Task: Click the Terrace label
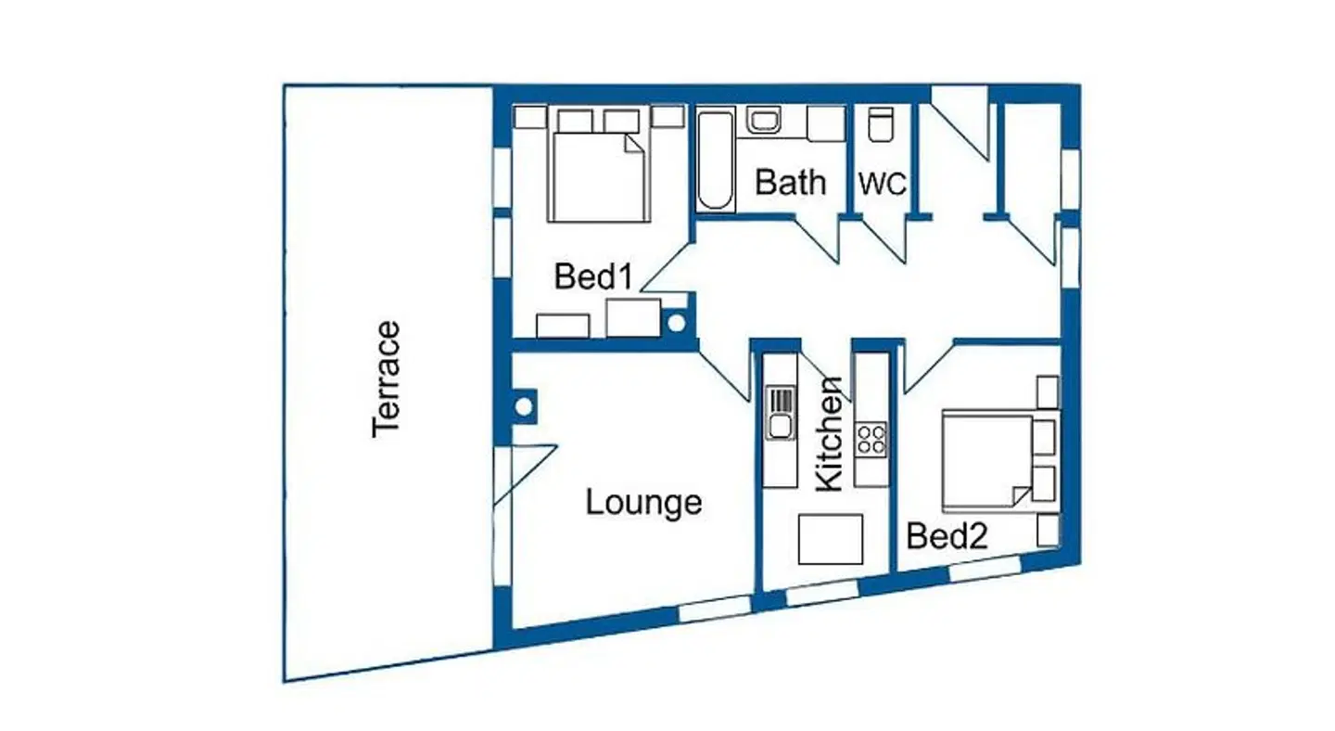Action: click(x=386, y=379)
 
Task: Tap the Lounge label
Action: click(x=643, y=503)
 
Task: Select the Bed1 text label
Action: click(x=593, y=276)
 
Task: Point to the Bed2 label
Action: click(x=947, y=535)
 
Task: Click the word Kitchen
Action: click(x=829, y=435)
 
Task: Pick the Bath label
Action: click(x=790, y=182)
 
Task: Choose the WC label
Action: click(x=883, y=184)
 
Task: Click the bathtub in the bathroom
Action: click(x=715, y=160)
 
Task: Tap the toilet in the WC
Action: click(x=879, y=124)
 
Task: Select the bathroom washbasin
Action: click(x=764, y=121)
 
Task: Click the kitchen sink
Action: click(x=781, y=413)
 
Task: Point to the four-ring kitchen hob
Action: click(x=871, y=440)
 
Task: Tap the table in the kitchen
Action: click(x=831, y=539)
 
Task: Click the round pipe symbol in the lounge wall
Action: click(x=524, y=406)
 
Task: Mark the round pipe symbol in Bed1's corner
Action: click(x=677, y=323)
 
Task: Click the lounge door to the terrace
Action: click(x=525, y=475)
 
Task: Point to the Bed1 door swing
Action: click(x=667, y=267)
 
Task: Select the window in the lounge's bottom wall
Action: click(x=715, y=610)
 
